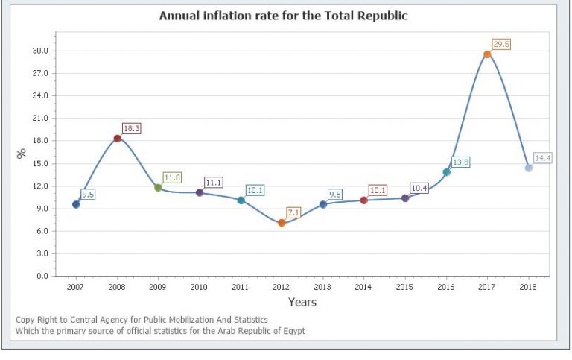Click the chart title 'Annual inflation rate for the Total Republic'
click(283, 16)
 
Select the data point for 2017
click(487, 54)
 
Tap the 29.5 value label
click(500, 45)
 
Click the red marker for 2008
click(118, 139)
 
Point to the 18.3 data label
click(131, 129)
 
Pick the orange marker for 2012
click(282, 223)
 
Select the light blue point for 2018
click(529, 168)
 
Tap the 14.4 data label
click(542, 158)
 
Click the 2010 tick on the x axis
click(199, 287)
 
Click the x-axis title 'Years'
click(302, 303)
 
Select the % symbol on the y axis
click(22, 153)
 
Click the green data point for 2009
click(158, 188)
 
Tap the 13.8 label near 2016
click(460, 162)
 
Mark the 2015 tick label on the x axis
click(405, 287)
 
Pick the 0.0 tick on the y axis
click(42, 276)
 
